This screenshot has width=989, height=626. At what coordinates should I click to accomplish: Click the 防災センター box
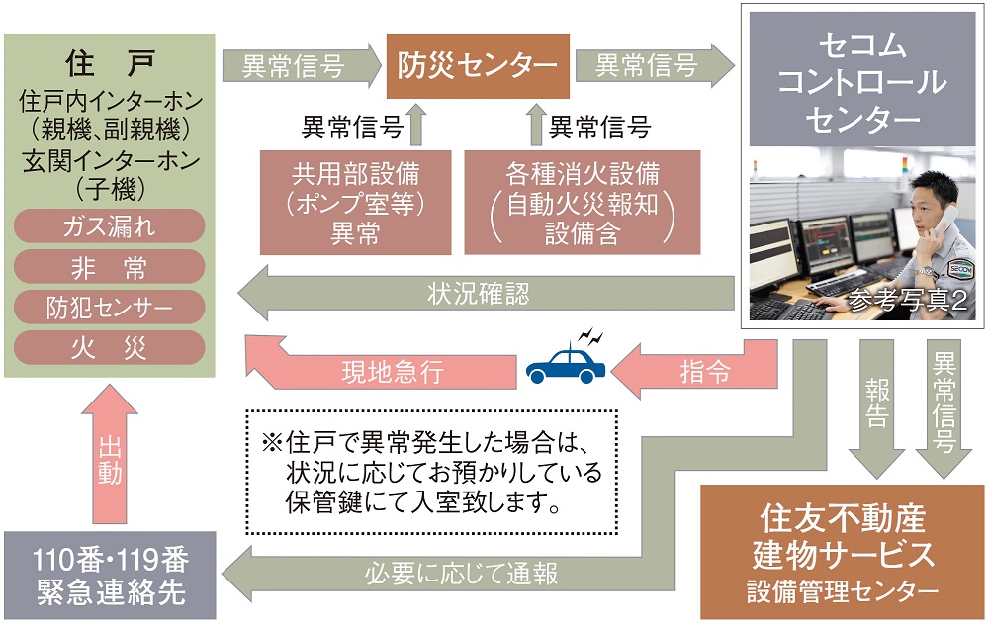(x=478, y=65)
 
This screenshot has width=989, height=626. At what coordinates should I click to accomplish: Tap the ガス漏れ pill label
(x=109, y=226)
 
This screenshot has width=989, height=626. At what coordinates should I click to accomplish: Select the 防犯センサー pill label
(x=109, y=307)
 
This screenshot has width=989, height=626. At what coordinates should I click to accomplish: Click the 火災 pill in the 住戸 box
(x=109, y=346)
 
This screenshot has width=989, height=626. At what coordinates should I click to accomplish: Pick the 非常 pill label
(x=109, y=267)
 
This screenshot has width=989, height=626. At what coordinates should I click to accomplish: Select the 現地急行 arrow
(x=381, y=372)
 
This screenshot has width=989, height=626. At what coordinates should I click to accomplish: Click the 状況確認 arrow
(x=485, y=293)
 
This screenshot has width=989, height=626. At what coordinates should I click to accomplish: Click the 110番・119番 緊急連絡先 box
(x=109, y=576)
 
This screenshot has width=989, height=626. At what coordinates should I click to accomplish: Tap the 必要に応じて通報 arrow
(x=475, y=573)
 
